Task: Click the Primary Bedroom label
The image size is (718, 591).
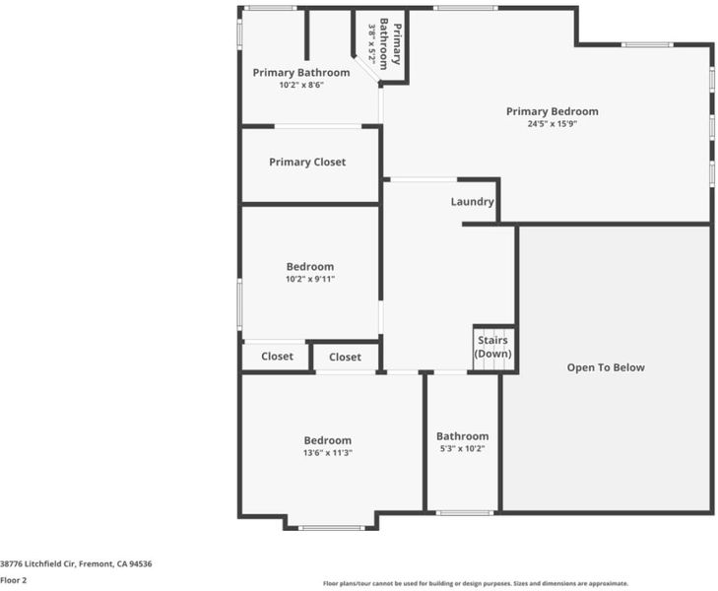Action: pyautogui.click(x=552, y=111)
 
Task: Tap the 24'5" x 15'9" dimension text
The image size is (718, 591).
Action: pyautogui.click(x=552, y=123)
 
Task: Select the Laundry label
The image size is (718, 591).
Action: pyautogui.click(x=472, y=202)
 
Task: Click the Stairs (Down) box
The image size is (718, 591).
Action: pyautogui.click(x=493, y=349)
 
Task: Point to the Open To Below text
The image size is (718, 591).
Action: pyautogui.click(x=606, y=367)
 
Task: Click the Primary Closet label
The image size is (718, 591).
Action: pyautogui.click(x=307, y=163)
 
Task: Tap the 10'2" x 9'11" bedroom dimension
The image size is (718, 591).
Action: pyautogui.click(x=310, y=280)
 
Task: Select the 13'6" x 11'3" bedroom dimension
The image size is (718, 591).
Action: pyautogui.click(x=327, y=453)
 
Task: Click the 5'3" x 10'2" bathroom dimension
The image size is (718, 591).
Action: pyautogui.click(x=462, y=449)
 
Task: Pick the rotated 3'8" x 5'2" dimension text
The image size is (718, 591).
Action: pyautogui.click(x=372, y=44)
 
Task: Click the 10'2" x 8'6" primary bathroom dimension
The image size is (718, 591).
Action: pyautogui.click(x=301, y=85)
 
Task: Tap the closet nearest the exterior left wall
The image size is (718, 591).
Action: pyautogui.click(x=277, y=357)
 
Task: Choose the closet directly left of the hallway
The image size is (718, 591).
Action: pyautogui.click(x=345, y=358)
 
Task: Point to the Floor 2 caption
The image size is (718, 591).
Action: pyautogui.click(x=13, y=580)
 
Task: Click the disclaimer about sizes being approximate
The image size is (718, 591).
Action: pyautogui.click(x=476, y=584)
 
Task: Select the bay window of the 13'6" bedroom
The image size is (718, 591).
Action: pyautogui.click(x=332, y=528)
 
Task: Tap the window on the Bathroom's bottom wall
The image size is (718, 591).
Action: pyautogui.click(x=465, y=513)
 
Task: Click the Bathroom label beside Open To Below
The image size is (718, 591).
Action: pyautogui.click(x=462, y=436)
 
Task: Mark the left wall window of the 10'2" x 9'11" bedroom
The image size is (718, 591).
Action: pyautogui.click(x=239, y=304)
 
